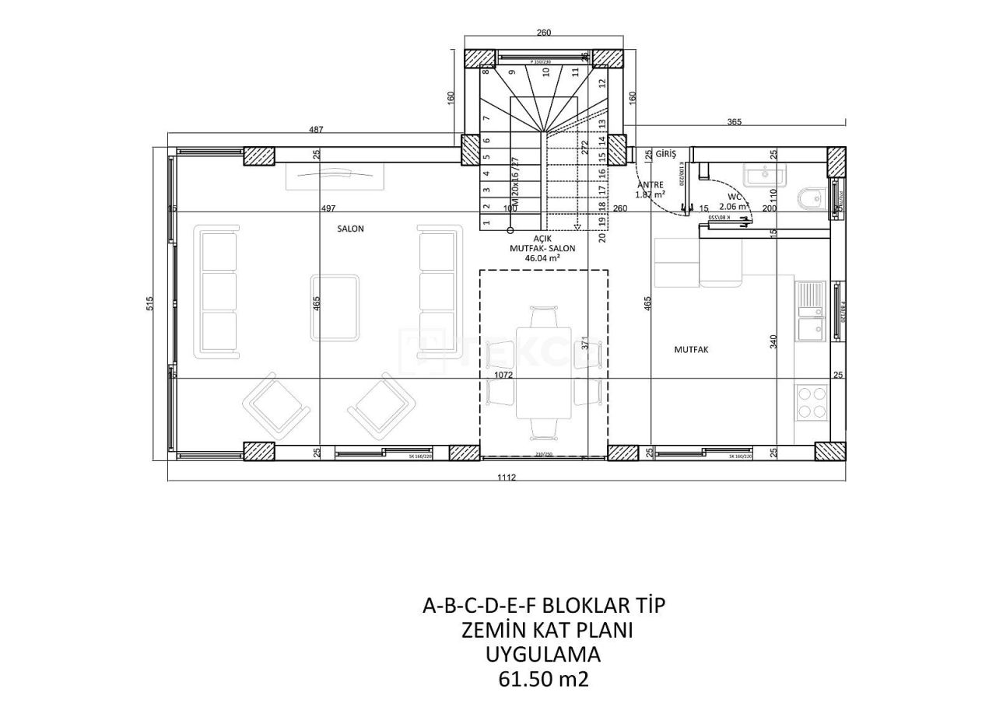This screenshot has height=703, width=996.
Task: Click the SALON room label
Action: click(350, 229)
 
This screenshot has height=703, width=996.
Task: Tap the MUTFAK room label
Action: click(691, 350)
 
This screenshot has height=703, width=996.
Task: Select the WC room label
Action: click(735, 198)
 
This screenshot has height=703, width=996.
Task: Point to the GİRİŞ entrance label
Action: click(666, 155)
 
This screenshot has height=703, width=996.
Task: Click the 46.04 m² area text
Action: click(543, 257)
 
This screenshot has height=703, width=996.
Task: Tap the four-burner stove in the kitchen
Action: click(812, 402)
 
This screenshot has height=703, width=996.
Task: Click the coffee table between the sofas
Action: click(335, 306)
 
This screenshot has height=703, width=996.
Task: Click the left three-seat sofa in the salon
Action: click(219, 292)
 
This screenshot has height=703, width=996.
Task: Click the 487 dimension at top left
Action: click(315, 130)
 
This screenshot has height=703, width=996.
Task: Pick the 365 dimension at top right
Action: click(734, 122)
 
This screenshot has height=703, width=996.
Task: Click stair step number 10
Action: click(546, 72)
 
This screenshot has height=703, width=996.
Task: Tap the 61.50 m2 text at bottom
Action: click(543, 679)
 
